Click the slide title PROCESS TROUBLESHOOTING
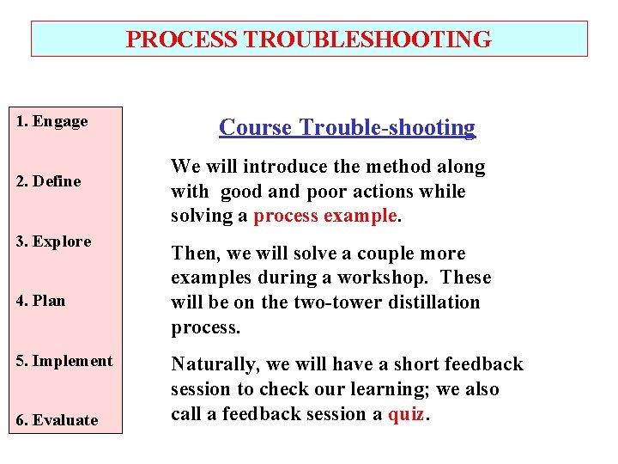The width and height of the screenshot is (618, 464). tap(309, 40)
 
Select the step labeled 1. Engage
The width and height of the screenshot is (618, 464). tap(52, 121)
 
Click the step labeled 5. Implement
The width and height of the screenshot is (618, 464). tap(64, 361)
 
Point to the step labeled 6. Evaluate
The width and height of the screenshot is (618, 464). tap(57, 420)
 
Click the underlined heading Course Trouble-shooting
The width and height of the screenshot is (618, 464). tap(347, 128)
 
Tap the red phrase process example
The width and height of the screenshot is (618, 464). tap(325, 216)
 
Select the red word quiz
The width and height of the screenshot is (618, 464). tap(406, 414)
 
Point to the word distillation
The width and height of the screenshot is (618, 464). tap(438, 302)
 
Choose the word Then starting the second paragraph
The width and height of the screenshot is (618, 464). tap(189, 253)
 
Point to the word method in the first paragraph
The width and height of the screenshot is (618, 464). tap(394, 167)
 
